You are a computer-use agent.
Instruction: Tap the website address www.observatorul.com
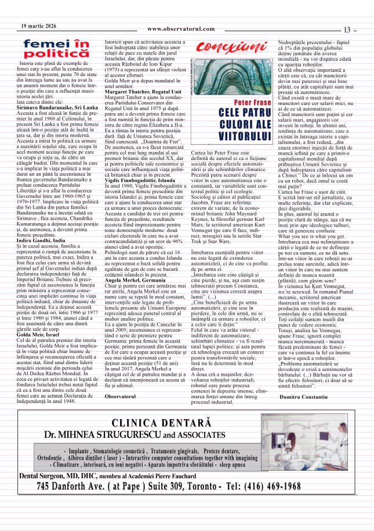coord(181,29)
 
